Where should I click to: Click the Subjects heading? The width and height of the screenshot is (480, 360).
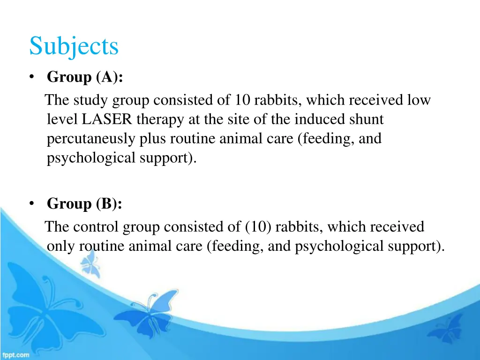pyautogui.click(x=74, y=46)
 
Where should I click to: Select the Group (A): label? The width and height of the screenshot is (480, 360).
pyautogui.click(x=85, y=77)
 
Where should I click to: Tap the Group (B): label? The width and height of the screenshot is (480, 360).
pyautogui.click(x=84, y=203)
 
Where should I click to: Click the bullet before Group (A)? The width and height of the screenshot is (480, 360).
pyautogui.click(x=32, y=77)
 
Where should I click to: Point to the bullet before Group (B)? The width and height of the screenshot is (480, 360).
pyautogui.click(x=32, y=203)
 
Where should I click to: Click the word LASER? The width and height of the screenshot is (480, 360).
pyautogui.click(x=108, y=120)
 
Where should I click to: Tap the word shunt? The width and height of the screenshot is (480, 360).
pyautogui.click(x=367, y=120)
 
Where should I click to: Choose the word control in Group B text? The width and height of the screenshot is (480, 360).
pyautogui.click(x=97, y=227)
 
